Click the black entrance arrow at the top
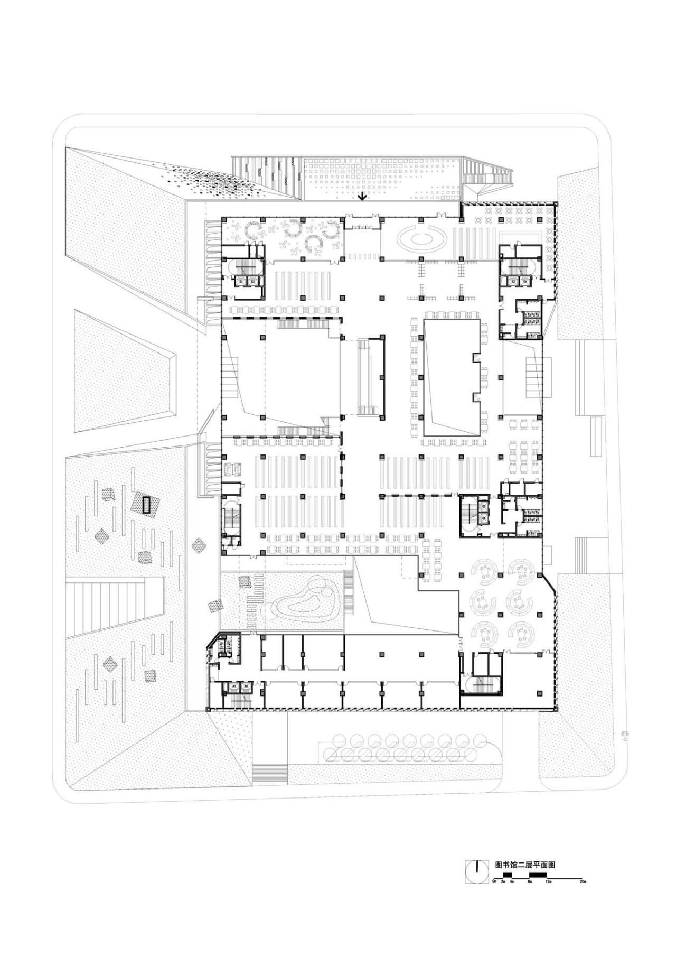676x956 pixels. coord(362,197)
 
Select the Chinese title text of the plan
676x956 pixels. coord(524,865)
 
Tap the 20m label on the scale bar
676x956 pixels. coord(583,881)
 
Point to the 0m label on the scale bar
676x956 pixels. coord(494,881)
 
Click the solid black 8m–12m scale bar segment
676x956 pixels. coord(538,876)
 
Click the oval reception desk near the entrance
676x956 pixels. coord(421,239)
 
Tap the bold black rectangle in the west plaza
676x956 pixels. coord(146,505)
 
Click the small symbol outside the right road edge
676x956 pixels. coord(625,736)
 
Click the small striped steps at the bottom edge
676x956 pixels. coord(270,774)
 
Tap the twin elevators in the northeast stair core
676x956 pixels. coord(519,282)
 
